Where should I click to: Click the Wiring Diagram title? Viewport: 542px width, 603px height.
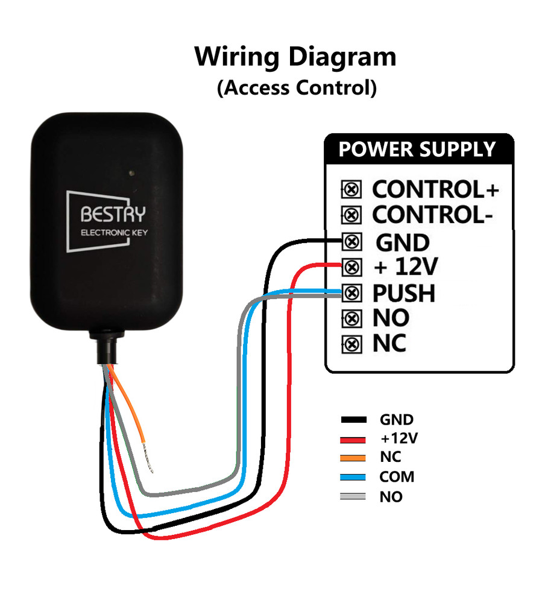(295, 57)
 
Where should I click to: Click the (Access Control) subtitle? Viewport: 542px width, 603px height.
(297, 88)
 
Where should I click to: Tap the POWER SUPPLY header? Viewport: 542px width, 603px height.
(417, 149)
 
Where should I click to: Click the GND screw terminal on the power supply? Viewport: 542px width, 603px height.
(351, 242)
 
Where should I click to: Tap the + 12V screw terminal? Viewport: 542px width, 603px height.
(351, 267)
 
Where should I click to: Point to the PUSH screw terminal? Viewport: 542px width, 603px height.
(351, 294)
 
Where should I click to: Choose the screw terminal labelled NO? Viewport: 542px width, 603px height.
(351, 318)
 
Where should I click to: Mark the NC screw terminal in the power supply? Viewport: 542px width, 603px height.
(351, 344)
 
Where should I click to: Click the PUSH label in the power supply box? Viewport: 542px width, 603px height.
(404, 294)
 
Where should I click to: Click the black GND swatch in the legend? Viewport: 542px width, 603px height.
(354, 420)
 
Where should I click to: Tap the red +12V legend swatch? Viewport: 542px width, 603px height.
(354, 439)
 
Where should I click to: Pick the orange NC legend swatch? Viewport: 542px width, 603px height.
(354, 458)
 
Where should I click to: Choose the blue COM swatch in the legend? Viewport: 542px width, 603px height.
(354, 477)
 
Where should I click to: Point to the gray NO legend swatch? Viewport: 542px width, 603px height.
(354, 497)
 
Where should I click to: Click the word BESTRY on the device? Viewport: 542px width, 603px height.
(113, 214)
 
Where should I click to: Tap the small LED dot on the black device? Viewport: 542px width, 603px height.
(131, 174)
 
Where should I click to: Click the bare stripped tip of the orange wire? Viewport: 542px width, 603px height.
(149, 465)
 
